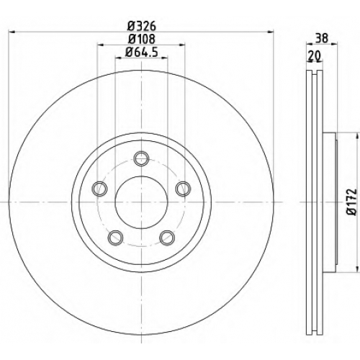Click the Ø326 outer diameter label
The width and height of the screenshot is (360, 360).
click(142, 26)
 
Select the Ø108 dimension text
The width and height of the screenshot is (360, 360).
click(142, 39)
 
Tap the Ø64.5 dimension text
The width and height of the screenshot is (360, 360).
click(142, 52)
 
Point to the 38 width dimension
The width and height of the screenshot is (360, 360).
click(322, 38)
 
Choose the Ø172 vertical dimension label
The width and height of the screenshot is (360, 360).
click(353, 202)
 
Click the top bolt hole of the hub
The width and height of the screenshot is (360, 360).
click(141, 158)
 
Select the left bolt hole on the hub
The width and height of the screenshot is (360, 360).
click(99, 189)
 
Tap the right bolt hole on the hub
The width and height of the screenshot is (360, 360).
click(184, 189)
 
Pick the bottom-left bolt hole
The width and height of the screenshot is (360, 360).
click(116, 238)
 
